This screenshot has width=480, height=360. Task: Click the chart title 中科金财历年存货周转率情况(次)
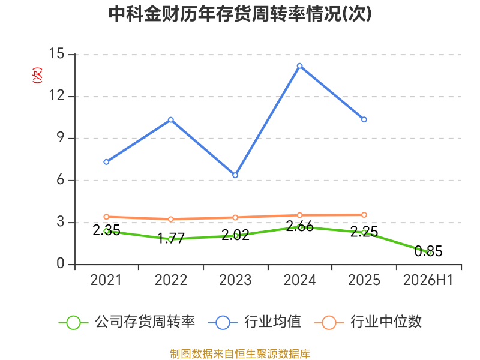pos(240,14)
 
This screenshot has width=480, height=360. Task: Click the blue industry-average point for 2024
pos(299,66)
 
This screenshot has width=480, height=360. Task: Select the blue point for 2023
pos(235,175)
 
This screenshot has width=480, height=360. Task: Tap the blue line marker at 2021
pos(106,162)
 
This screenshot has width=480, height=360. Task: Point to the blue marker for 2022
pos(171,119)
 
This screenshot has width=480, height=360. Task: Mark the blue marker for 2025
pos(364,119)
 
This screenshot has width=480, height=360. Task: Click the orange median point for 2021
pos(106,217)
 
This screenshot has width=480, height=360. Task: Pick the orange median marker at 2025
pos(364,215)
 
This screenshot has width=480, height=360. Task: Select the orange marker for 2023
pos(235,218)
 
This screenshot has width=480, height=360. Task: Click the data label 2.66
pos(299,227)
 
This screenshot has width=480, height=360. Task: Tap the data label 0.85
pos(428,251)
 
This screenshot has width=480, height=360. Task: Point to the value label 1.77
pos(171,238)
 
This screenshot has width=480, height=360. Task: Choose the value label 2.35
pos(106,230)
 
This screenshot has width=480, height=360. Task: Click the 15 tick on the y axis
pos(56,54)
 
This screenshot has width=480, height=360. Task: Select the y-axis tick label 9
pos(61,138)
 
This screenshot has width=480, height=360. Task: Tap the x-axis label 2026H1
pos(428,280)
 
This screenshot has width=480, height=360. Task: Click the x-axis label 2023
pos(235,280)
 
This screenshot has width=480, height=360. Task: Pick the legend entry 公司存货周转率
pos(127,322)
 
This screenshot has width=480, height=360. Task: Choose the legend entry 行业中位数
pos(368,322)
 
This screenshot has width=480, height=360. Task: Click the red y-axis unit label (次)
pos(37,75)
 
